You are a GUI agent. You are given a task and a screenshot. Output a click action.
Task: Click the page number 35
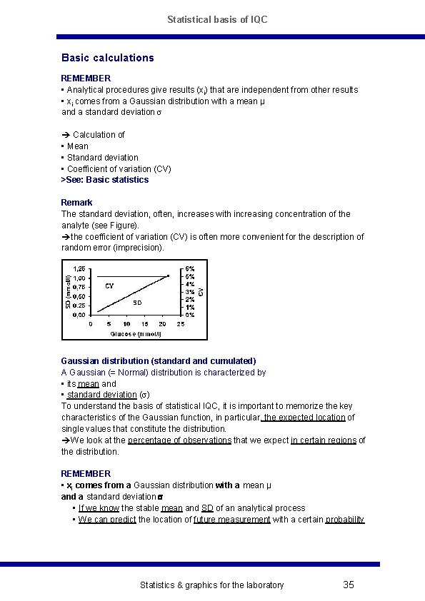tap(349, 585)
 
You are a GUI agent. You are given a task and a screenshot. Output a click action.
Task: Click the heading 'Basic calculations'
tap(107, 58)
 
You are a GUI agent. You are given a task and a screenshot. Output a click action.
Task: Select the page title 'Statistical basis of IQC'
tap(217, 19)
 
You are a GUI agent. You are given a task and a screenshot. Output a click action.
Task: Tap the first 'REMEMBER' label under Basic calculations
tap(86, 78)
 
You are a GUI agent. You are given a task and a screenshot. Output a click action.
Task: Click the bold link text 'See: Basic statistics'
tap(106, 180)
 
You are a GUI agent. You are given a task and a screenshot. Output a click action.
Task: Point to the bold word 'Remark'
tap(76, 203)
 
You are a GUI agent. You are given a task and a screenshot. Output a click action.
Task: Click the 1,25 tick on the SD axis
tap(79, 268)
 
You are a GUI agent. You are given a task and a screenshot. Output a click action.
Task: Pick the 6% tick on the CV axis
tap(190, 268)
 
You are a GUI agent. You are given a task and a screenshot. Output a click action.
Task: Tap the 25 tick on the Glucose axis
tap(181, 323)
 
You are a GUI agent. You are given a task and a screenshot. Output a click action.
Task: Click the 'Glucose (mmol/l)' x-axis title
tap(136, 333)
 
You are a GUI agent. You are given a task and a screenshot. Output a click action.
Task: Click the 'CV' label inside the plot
tap(109, 286)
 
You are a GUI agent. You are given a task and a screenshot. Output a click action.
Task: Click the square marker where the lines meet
tap(168, 276)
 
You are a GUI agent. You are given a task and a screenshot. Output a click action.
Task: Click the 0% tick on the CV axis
tap(190, 315)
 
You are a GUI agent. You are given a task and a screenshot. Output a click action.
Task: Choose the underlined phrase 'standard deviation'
tap(101, 395)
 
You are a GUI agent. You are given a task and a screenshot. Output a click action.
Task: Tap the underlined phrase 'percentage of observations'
tap(179, 440)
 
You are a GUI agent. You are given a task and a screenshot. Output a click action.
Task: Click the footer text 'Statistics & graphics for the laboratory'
tap(211, 585)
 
